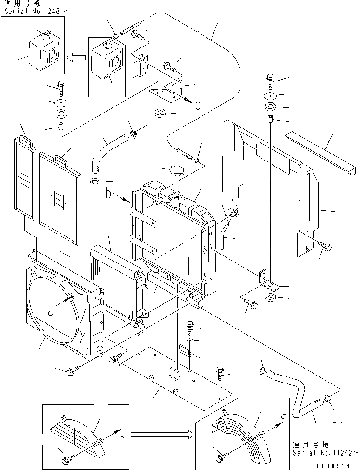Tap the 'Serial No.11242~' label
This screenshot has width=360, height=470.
pos(326,452)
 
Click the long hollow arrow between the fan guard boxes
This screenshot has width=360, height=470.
pos(162,435)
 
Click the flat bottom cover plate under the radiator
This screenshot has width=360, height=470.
pos(177,377)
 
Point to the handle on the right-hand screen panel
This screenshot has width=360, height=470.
pos(60,160)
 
